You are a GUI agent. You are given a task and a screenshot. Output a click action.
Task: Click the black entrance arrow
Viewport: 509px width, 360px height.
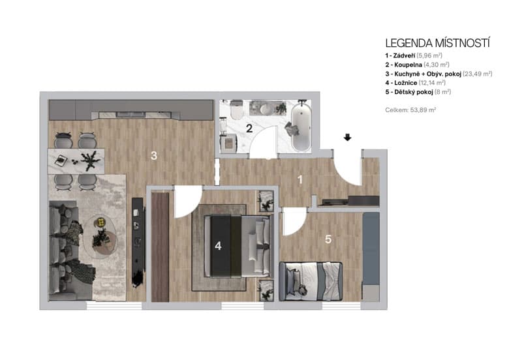[x=348, y=138]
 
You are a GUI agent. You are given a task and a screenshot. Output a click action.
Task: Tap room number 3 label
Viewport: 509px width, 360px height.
[x=153, y=155]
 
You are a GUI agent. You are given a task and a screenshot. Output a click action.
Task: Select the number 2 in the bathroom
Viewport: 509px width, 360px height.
[x=249, y=128]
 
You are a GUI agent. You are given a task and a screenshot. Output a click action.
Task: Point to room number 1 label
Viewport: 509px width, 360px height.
[x=300, y=179]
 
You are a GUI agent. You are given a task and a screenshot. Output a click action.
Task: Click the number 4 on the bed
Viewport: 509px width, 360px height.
[x=218, y=246]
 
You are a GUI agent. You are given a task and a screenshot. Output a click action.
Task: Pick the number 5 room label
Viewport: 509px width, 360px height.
[x=328, y=239]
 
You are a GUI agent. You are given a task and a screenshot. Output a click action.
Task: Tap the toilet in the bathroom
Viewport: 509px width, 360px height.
[x=236, y=110]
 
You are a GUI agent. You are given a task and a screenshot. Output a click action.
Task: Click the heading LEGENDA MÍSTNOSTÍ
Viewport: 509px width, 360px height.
[x=437, y=43]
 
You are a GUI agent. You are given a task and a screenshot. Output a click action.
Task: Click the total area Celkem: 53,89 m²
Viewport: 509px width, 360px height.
[x=410, y=110]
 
